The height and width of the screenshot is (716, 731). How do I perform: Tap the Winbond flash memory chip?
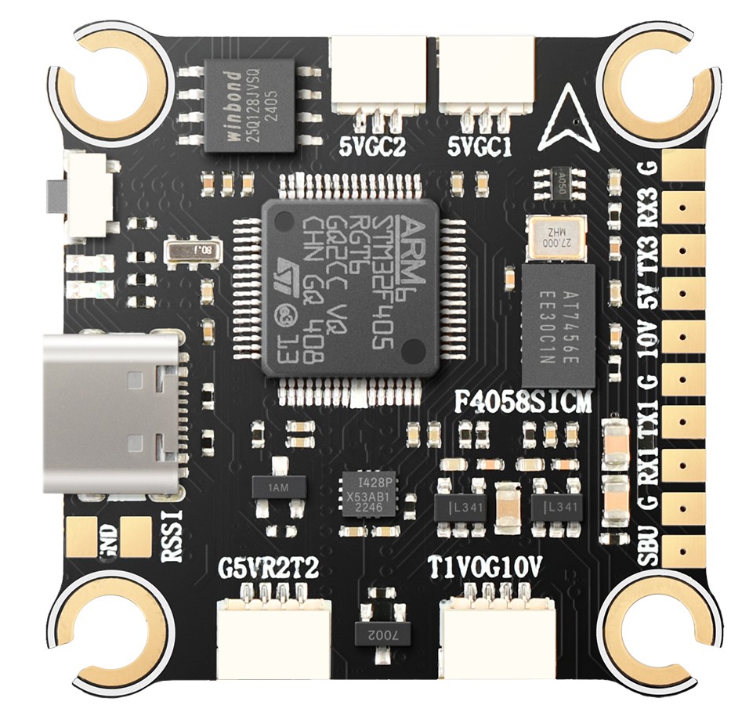click(x=250, y=103)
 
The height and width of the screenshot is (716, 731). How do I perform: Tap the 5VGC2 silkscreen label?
click(x=372, y=147)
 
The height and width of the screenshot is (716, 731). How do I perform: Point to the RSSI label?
click(x=171, y=536)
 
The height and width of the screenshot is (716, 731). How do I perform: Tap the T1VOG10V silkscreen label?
click(x=486, y=566)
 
